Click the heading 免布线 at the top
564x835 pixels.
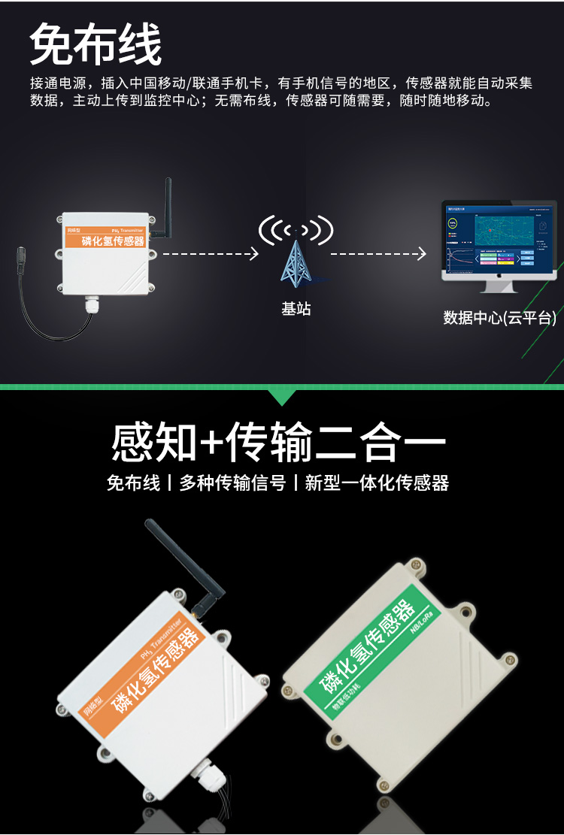pos(96,44)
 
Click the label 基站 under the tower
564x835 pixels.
pos(296,309)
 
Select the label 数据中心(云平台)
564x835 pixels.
pos(499,318)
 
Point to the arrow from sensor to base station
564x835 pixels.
pos(211,254)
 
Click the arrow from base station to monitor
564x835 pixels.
pos(378,254)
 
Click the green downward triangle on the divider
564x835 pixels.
pos(282,397)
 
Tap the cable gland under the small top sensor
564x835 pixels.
pos(93,304)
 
